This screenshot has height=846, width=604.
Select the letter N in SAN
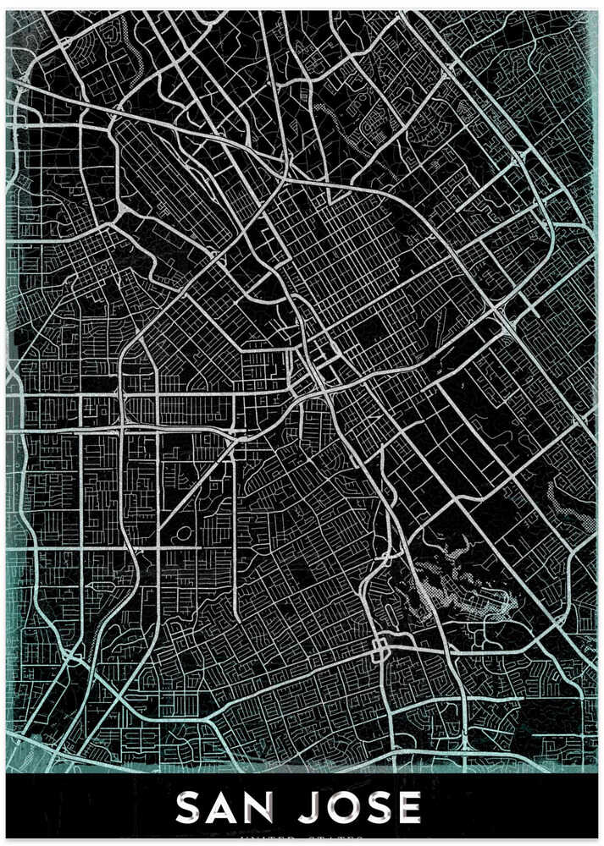tap(271, 809)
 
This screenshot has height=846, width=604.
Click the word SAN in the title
tap(231, 809)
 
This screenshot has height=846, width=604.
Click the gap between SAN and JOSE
tap(297, 809)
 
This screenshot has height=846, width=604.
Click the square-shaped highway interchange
tap(380, 650)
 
